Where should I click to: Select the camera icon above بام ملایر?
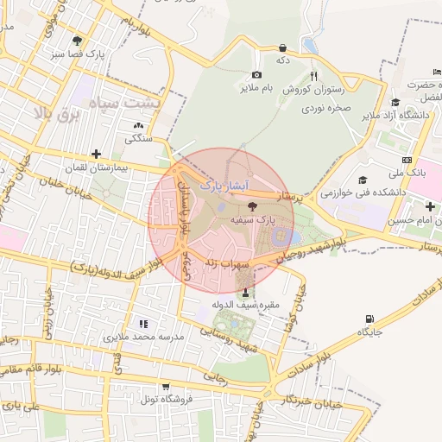pyautogui.click(x=256, y=76)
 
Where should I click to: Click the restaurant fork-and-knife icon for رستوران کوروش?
pyautogui.click(x=314, y=76)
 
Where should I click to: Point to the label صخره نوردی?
pyautogui.click(x=324, y=110)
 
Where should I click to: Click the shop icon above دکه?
pyautogui.click(x=282, y=48)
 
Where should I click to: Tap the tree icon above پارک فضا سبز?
pyautogui.click(x=79, y=40)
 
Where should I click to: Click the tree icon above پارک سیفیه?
pyautogui.click(x=252, y=206)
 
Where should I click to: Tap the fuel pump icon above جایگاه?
pyautogui.click(x=370, y=319)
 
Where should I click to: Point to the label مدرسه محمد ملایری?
pyautogui.click(x=144, y=336)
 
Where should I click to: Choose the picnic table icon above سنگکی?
pyautogui.click(x=139, y=126)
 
